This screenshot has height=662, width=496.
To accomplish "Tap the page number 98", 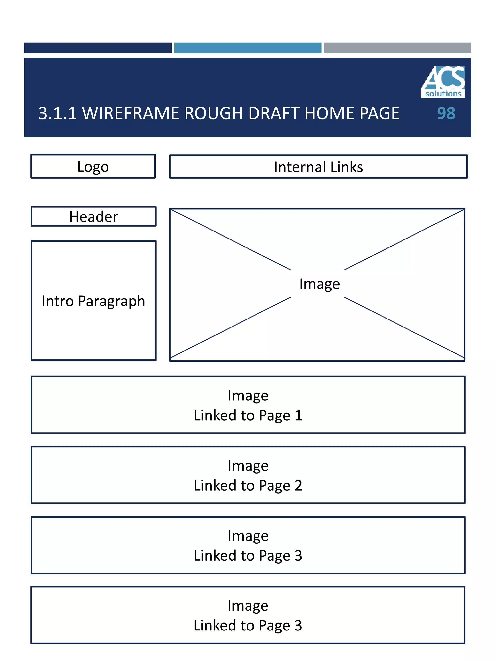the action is pos(446,113).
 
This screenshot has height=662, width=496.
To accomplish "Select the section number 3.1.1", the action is pos(57,113).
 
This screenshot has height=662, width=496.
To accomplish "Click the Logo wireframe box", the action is pos(93,166).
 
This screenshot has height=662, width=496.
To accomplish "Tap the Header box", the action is pos(93,216).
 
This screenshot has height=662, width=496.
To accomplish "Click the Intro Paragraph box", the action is pos(93,301).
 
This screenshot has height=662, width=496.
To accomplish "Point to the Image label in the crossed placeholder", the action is pos(319,284).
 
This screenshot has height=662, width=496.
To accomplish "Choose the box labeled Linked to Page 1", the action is pos(248,405).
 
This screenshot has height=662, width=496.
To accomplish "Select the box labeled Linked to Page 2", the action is pos(248,475).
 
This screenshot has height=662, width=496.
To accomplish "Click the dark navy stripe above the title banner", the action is pos(98,48).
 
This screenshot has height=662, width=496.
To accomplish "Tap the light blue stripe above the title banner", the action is pos(248,48).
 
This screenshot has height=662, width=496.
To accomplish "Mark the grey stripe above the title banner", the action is pos(397,48).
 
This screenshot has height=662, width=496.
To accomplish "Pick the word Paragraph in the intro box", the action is pos(111,301).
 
